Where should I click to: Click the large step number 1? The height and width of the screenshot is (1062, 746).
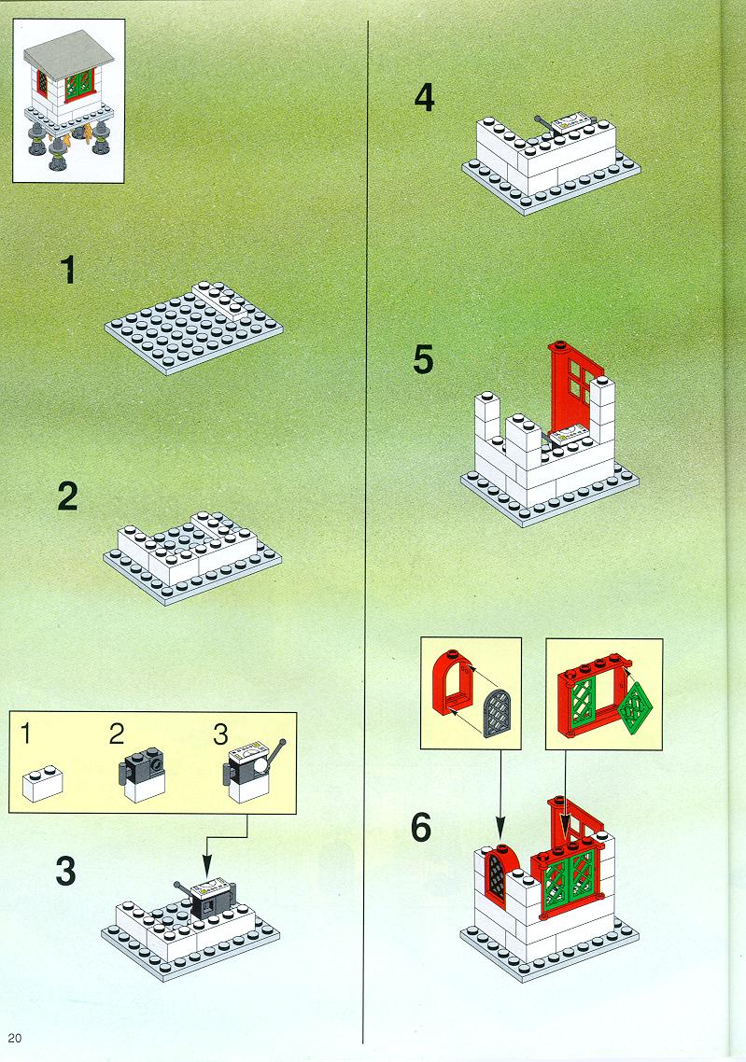(67, 271)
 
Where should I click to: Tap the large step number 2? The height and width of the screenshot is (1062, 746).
(68, 496)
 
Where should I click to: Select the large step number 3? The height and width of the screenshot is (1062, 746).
(65, 871)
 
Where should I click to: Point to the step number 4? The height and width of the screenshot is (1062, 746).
(424, 98)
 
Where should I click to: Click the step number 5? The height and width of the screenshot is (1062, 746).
(423, 359)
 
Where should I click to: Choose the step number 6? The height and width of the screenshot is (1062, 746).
(421, 828)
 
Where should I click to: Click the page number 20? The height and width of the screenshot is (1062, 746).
(15, 1038)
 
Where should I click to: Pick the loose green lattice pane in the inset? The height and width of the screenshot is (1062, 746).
(634, 707)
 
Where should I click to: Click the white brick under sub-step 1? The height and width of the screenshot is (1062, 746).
(43, 784)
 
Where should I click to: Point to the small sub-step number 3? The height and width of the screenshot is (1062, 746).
(221, 734)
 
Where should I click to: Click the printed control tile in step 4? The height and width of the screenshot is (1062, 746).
(572, 123)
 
